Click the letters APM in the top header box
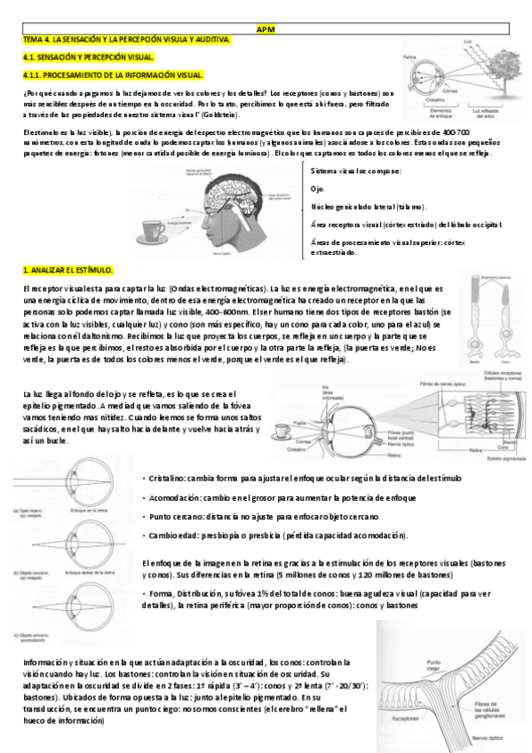(x=266, y=28)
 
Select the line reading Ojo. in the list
(x=318, y=189)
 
